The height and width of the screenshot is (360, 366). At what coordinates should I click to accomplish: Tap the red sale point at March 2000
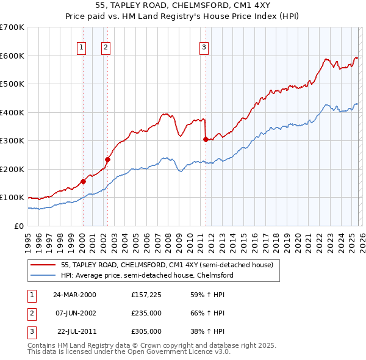point(83,181)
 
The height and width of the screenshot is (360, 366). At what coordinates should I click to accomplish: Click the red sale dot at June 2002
point(107,159)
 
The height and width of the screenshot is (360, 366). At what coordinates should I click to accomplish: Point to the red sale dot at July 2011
point(206,139)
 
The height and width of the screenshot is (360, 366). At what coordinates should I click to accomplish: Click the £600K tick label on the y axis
point(12,56)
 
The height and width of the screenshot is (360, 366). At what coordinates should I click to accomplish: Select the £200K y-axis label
point(12,169)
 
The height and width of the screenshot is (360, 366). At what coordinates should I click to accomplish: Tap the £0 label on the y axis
point(18,226)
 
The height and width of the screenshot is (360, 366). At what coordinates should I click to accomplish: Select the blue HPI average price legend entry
point(147,275)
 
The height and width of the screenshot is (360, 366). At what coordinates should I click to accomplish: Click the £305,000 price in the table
point(146,331)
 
